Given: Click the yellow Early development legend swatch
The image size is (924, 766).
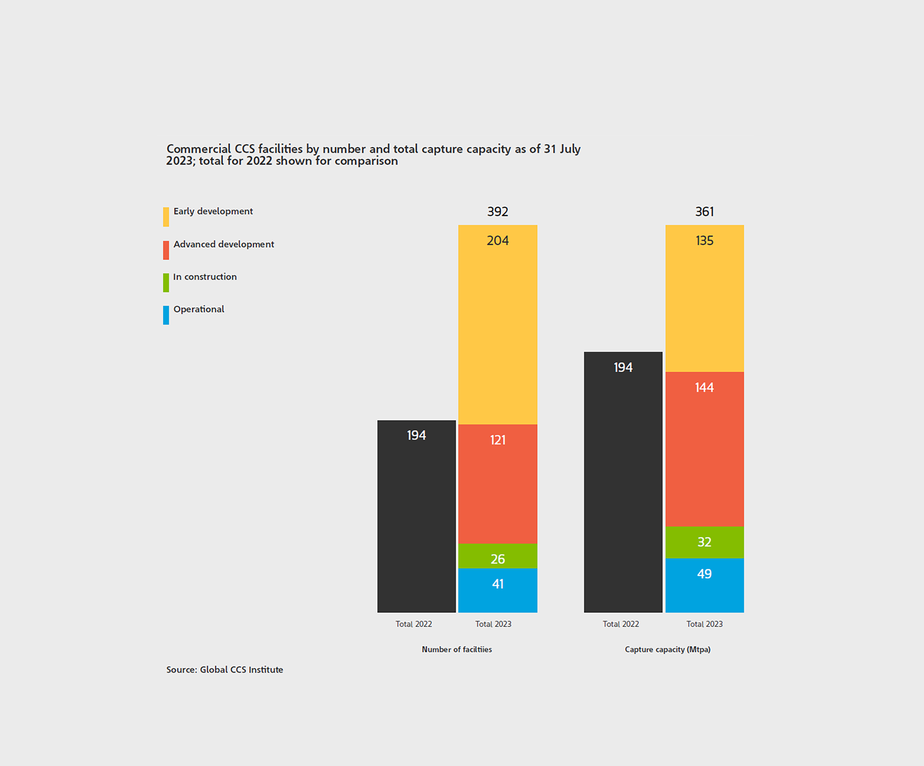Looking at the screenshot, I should (166, 217).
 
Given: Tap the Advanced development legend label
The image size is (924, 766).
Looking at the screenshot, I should (224, 244).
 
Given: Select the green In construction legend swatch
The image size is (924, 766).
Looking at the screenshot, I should (166, 283).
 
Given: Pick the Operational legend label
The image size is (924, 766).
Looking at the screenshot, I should (199, 309).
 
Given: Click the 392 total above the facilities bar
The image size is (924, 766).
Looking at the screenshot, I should (498, 212).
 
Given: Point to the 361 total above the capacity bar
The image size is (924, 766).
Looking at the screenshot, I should (705, 212).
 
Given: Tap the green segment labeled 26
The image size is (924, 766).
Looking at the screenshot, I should (498, 556).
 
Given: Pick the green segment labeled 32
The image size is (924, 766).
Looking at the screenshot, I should (705, 542).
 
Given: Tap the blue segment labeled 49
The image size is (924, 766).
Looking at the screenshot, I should (705, 585).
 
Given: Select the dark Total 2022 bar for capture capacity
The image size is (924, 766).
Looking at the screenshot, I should (623, 482).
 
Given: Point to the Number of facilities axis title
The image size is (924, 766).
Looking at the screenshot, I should (456, 650).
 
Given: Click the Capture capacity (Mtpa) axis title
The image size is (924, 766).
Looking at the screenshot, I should (668, 650).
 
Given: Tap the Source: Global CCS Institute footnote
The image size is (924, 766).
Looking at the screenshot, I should (225, 670).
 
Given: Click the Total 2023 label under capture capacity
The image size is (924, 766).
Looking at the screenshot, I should (705, 624).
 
